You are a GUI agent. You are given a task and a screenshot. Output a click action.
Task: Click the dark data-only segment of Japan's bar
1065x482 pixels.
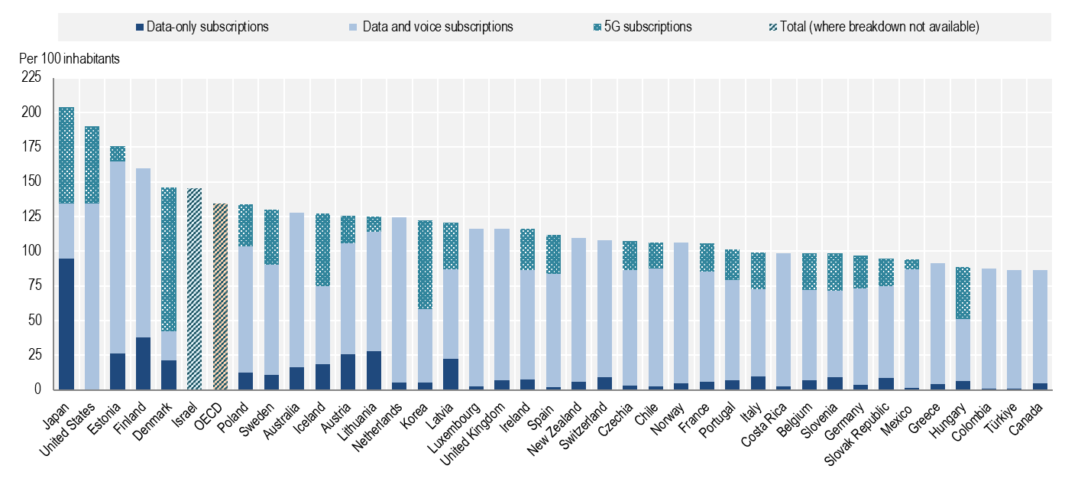[66, 324]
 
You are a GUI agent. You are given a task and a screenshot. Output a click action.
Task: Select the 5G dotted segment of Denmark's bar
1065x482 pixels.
[169, 259]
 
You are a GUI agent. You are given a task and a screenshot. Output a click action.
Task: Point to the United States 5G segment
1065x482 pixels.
[92, 164]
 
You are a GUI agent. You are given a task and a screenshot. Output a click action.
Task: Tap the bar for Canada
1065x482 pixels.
[1037, 329]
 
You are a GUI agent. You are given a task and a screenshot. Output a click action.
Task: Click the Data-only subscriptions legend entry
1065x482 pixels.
[202, 27]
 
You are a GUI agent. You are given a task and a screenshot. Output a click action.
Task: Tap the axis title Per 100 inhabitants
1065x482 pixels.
[70, 58]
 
